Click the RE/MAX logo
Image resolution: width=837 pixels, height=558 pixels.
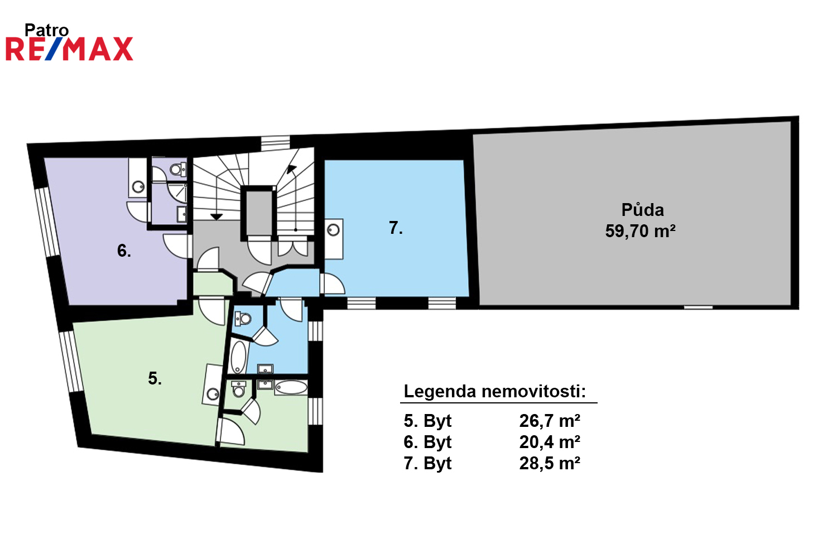point(70,49)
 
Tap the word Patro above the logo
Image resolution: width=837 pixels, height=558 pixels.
point(46,30)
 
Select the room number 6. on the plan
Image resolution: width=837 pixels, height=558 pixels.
point(124,251)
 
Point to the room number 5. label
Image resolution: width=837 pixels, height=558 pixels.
point(155,378)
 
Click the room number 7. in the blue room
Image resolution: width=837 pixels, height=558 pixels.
point(396,228)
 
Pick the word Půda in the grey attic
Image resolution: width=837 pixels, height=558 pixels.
point(642,210)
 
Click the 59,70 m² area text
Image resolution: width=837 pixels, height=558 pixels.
point(640,231)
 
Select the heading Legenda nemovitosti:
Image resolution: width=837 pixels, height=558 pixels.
point(495,391)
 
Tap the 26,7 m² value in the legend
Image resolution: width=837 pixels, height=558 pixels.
point(550,421)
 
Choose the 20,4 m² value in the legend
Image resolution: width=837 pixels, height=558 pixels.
point(550,442)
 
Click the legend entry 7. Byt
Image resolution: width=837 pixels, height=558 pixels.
point(427,464)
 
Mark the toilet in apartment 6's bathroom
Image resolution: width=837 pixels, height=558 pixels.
point(178,169)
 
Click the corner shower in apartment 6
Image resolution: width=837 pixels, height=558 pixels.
point(177,193)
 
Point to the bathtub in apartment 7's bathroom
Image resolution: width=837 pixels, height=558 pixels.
point(238,357)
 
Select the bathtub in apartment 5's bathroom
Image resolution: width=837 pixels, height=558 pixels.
point(291,388)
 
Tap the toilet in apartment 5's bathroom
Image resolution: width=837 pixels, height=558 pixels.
point(238,389)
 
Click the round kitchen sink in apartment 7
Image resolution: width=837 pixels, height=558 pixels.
point(333,230)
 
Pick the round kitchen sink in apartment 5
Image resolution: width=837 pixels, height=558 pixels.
point(213,394)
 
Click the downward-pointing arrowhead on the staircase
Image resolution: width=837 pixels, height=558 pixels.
point(217,217)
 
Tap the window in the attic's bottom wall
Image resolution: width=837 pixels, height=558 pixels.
point(699,307)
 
